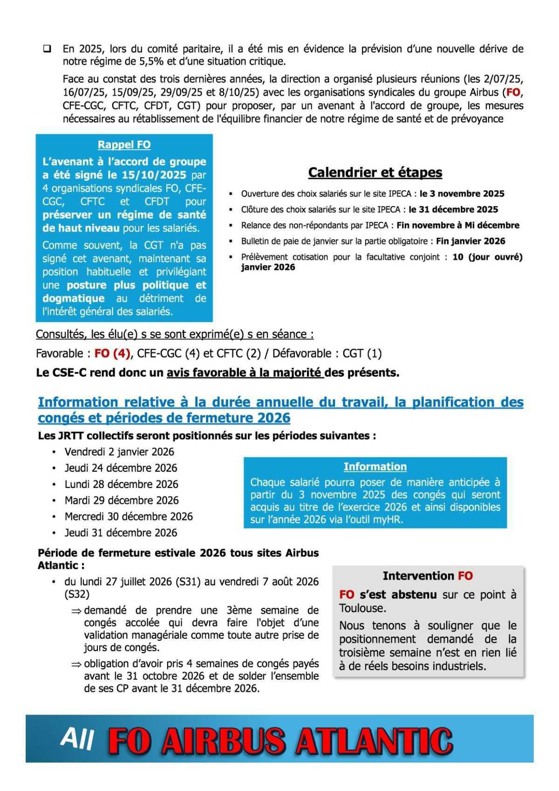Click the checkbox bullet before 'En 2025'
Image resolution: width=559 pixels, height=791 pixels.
coord(47,48)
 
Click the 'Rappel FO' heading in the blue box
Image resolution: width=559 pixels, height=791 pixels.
coord(124,144)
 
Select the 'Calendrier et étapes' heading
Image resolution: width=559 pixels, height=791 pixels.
coord(375,172)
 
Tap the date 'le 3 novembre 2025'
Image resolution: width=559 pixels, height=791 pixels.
coord(462,193)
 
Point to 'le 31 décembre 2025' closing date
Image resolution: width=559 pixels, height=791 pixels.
coord(453,209)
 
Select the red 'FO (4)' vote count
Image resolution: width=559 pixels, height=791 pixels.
coord(112,353)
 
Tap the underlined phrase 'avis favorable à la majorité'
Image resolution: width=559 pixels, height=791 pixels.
coord(245,373)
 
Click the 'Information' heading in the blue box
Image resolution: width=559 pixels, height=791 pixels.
coord(375,467)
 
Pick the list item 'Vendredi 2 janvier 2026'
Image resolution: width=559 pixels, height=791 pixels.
coord(119,452)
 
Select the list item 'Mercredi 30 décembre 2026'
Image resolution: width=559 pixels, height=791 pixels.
coord(129,516)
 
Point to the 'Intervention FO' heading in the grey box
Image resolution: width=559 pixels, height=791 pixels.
coord(428,576)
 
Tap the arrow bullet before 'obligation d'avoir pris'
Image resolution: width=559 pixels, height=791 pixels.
coord(76,664)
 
